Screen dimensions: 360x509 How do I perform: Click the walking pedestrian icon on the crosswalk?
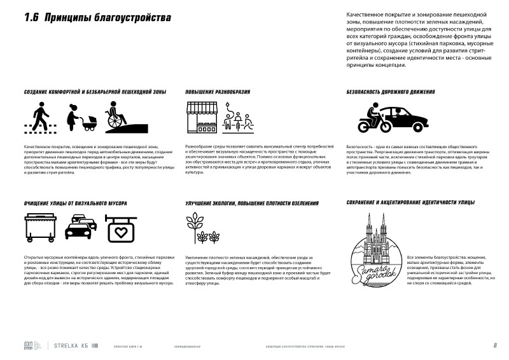coord(38,116)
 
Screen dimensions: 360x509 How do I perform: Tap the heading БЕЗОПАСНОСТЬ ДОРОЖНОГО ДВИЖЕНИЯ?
coord(391,92)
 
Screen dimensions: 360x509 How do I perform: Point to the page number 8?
coord(494,346)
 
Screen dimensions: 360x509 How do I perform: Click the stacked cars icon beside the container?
coord(81,227)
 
